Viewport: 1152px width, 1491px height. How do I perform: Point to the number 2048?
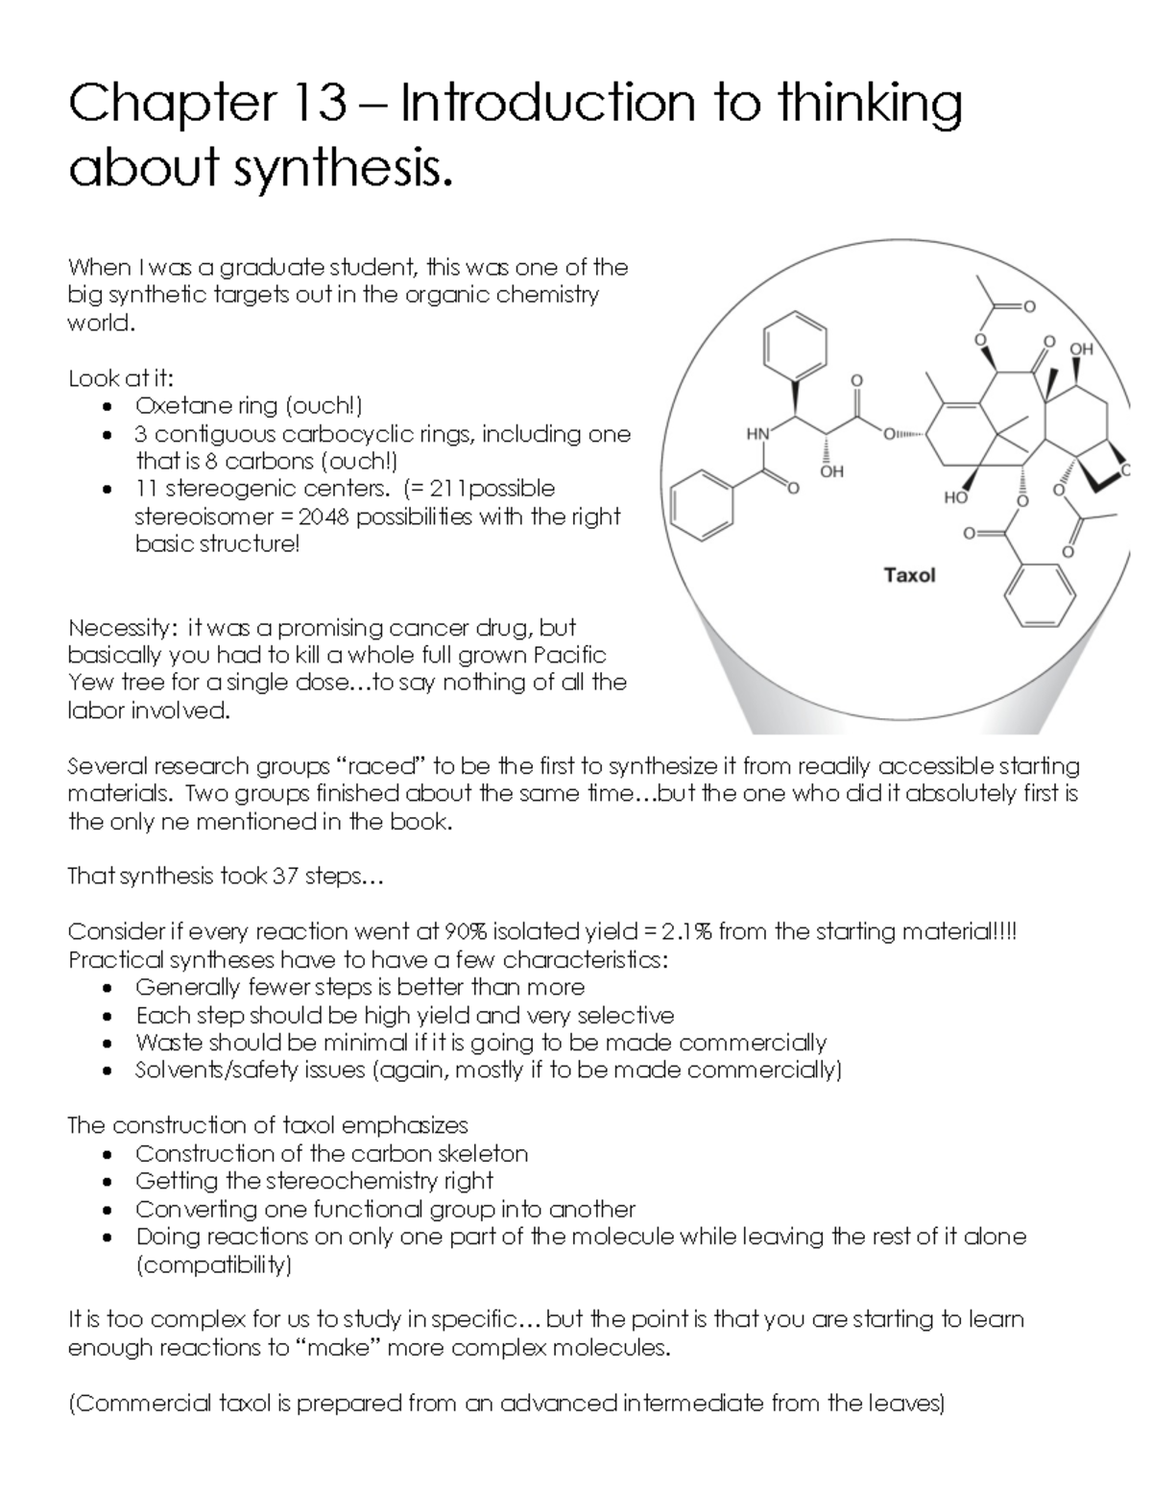[x=329, y=517]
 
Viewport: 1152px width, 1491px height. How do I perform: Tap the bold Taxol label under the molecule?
[x=908, y=575]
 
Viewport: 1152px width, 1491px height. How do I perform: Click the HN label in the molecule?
[x=757, y=435]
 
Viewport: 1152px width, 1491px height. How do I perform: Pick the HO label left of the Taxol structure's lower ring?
[x=955, y=497]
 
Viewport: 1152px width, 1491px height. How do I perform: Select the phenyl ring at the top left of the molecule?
[x=795, y=347]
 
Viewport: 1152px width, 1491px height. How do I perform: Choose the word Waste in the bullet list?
[x=169, y=1043]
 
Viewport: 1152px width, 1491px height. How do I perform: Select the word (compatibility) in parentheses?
[x=214, y=1264]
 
